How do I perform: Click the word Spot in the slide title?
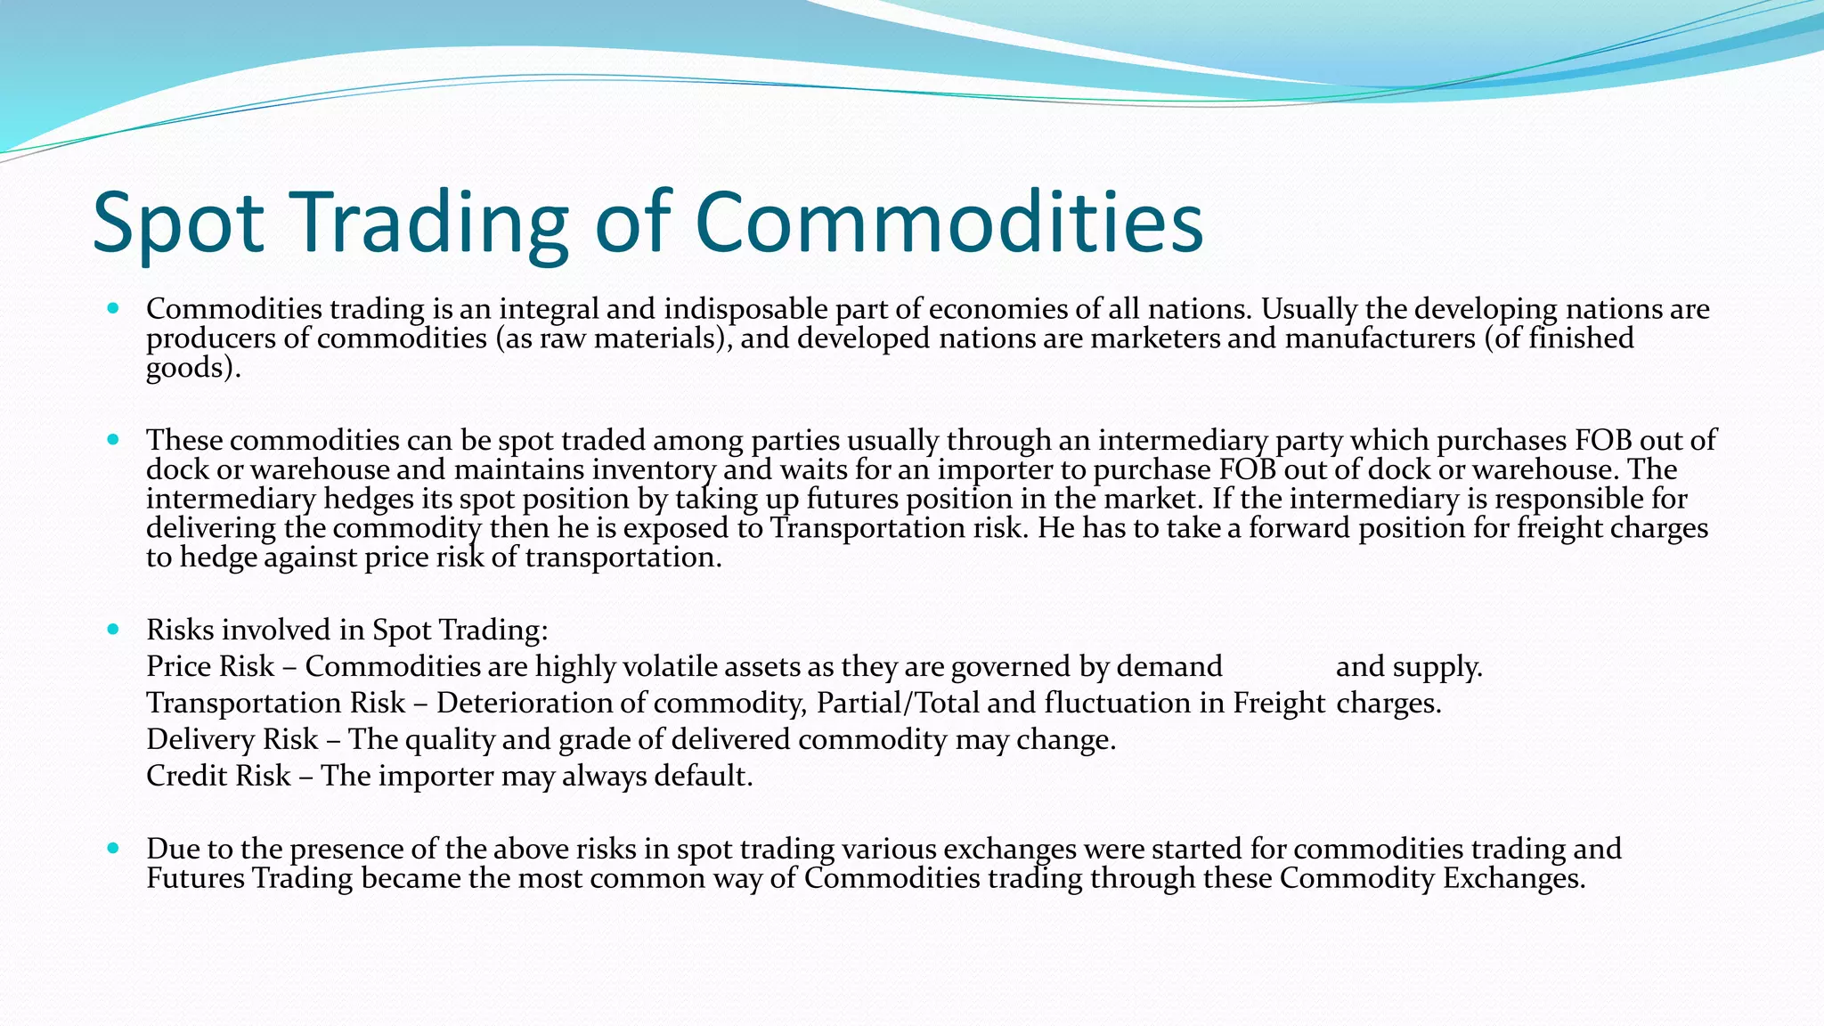(178, 223)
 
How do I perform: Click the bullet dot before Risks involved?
(112, 630)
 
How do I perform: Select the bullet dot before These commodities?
(112, 440)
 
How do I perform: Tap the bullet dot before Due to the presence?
(112, 849)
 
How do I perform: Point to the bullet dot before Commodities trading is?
(112, 309)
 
